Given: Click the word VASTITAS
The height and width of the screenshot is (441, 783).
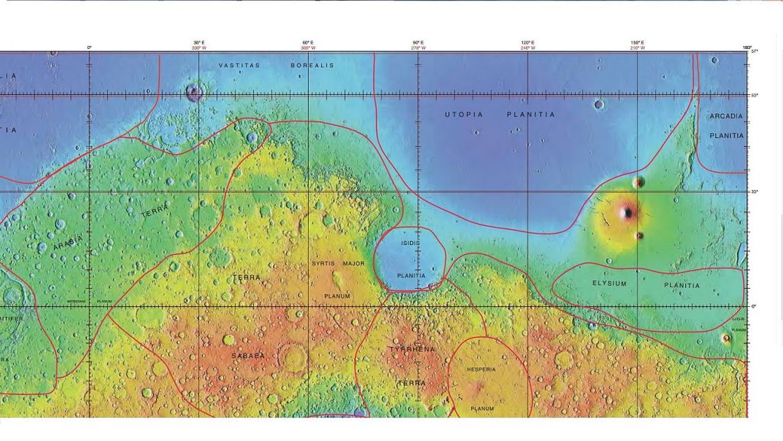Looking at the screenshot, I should coord(239,66).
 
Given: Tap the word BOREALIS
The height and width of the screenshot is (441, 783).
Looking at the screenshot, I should coord(312,66).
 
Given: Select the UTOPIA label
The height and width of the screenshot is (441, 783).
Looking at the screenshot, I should coord(464,114).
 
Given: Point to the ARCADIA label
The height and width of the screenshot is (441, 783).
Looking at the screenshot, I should coord(726,116).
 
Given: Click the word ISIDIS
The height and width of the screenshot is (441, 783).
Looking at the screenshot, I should coord(410,243).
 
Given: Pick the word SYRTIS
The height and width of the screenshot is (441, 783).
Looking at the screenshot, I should coord(323,263).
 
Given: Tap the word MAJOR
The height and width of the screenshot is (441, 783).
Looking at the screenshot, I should coord(353,263).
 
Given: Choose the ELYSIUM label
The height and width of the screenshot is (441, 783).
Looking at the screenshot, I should coord(609,283).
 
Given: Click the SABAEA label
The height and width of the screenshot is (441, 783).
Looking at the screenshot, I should coord(248,356).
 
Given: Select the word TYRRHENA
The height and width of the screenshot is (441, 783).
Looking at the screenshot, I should coord(412,349).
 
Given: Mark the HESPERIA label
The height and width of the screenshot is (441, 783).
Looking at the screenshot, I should coord(480,370).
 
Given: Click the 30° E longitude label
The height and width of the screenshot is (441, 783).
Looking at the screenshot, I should coord(198,43).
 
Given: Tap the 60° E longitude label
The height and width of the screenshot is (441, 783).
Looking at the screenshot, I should coord(307,43).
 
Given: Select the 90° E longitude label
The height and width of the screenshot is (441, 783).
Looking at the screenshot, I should coord(418,43).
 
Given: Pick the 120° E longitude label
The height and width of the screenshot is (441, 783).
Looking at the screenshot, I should coord(528,43).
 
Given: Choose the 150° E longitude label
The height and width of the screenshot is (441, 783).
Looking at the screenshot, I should coord(637,43).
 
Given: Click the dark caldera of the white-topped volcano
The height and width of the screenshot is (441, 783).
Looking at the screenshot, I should coord(627,212).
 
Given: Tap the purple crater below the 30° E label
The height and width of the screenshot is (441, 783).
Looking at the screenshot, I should coord(193,93).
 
